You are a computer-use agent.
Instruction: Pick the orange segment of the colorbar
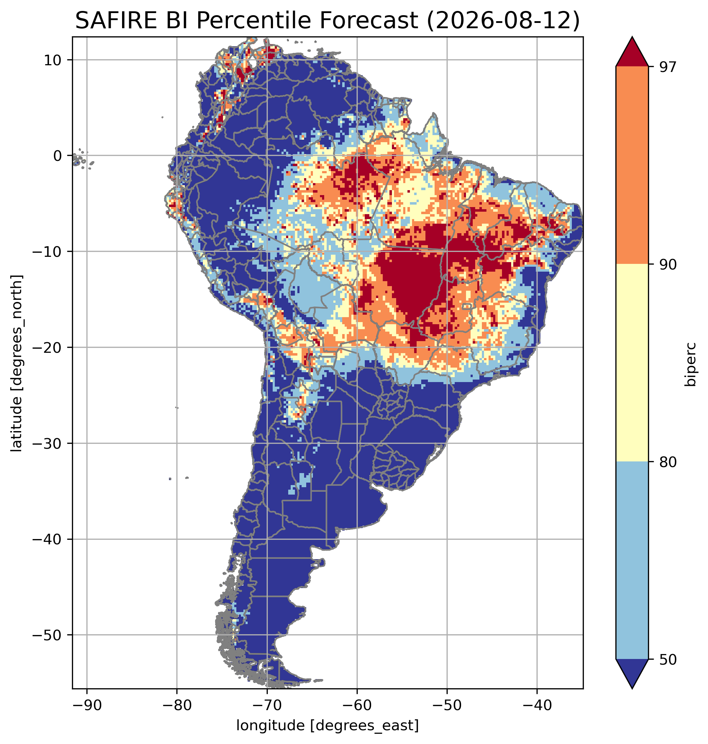pyautogui.click(x=632, y=165)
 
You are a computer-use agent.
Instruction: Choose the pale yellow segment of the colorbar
pyautogui.click(x=632, y=363)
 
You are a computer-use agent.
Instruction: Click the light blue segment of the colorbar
pyautogui.click(x=632, y=561)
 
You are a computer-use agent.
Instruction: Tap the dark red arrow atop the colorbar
pyautogui.click(x=632, y=52)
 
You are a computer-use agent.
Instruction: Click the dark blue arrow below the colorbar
pyautogui.click(x=632, y=674)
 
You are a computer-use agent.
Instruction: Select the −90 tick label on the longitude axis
pyautogui.click(x=87, y=705)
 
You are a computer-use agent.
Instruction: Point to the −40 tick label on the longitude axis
pyautogui.click(x=537, y=705)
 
